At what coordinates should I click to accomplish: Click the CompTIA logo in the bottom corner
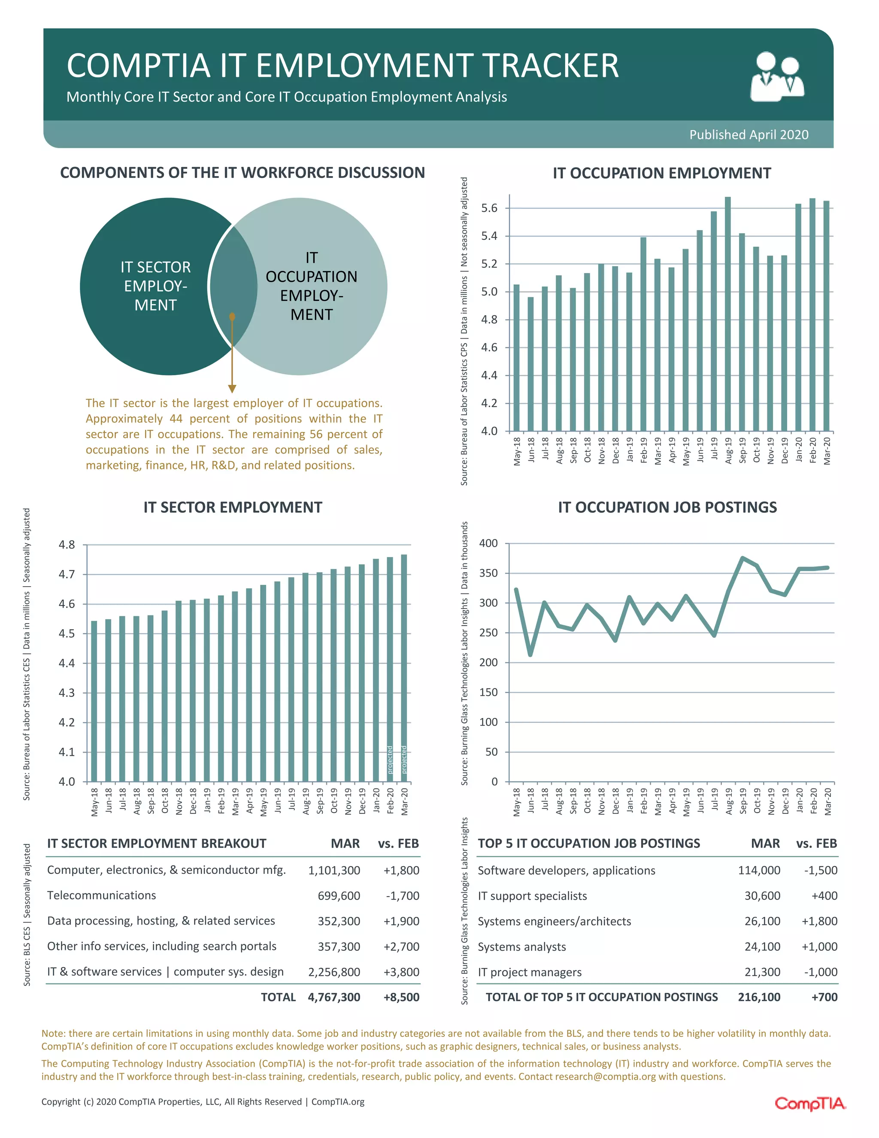[x=810, y=1103]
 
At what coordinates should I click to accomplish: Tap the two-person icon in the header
[x=777, y=76]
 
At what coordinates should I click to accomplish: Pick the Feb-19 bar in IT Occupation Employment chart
[x=643, y=334]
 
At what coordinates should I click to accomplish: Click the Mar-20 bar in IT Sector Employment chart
[x=403, y=667]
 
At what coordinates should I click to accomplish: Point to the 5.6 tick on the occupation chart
[x=489, y=208]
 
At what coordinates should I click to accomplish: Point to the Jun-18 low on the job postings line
[x=530, y=655]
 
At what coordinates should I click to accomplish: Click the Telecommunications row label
[x=102, y=895]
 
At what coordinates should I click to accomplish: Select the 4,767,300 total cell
[x=334, y=997]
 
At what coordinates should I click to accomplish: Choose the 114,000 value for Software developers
[x=759, y=870]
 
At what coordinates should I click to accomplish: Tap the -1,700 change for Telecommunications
[x=403, y=896]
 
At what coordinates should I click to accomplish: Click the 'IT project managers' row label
[x=529, y=972]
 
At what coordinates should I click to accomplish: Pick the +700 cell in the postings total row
[x=824, y=997]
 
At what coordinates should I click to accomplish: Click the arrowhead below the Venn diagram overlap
[x=232, y=389]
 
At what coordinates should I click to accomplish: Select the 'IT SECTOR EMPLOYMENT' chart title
[x=233, y=507]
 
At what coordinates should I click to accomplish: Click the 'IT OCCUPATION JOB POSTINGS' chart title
[x=667, y=507]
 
